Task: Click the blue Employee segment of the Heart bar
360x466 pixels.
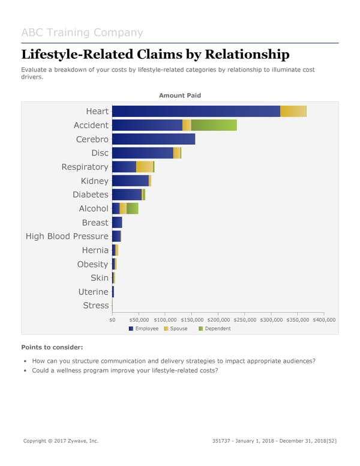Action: (196, 111)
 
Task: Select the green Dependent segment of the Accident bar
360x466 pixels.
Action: (214, 125)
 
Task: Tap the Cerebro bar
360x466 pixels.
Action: (154, 139)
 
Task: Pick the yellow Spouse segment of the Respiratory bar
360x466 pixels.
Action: (144, 167)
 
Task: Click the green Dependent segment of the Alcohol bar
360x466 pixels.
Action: (132, 208)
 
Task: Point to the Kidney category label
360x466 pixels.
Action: (95, 181)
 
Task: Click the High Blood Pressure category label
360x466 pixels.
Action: (67, 237)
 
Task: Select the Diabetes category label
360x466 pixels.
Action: (91, 195)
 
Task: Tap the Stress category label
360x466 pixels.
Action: (96, 306)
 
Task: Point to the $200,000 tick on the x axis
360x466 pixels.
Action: (218, 320)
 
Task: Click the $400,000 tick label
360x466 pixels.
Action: (324, 320)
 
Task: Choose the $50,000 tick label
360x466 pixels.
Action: (139, 320)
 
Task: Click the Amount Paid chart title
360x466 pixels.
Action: (180, 95)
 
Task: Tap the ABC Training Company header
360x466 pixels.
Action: (82, 32)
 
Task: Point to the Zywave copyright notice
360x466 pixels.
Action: (61, 441)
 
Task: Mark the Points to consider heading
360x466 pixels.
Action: (52, 348)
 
